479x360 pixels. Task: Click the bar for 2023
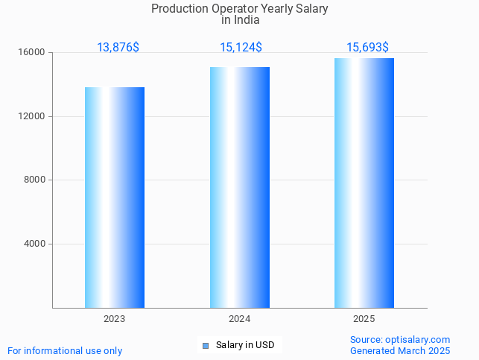[x=115, y=198]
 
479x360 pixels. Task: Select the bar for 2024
[x=240, y=187]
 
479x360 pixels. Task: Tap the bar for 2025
[x=364, y=183]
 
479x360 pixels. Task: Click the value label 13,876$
[x=118, y=48]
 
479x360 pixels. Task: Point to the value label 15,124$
[x=241, y=48]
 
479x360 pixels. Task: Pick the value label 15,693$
[x=367, y=48]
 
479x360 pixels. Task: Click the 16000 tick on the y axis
[x=33, y=53]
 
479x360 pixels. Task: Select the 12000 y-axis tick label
[x=33, y=116]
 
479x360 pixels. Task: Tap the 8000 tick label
[x=35, y=180]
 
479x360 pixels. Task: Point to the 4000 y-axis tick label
[x=35, y=244]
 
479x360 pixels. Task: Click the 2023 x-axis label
[x=115, y=319]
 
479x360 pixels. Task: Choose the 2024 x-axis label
[x=239, y=319]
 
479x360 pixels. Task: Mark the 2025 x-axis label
[x=364, y=319]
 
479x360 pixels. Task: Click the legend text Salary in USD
[x=245, y=345]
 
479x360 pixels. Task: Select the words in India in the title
[x=240, y=20]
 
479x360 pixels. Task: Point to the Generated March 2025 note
[x=400, y=351]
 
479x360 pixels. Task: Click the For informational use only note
[x=65, y=351]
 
